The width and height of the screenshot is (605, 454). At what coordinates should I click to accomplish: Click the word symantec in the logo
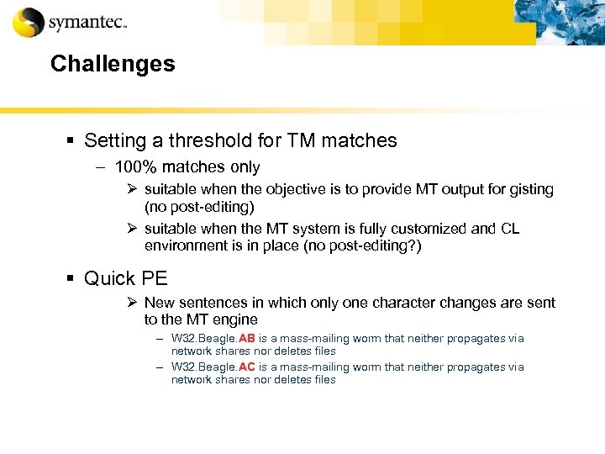(86, 23)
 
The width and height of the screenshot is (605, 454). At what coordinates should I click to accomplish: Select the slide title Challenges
(113, 64)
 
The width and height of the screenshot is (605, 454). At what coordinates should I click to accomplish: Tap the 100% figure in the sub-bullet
(134, 167)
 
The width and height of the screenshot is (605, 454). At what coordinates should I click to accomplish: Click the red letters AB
(247, 339)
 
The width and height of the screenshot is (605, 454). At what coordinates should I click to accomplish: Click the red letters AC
(247, 367)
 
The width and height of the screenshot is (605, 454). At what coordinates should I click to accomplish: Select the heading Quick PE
(126, 277)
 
